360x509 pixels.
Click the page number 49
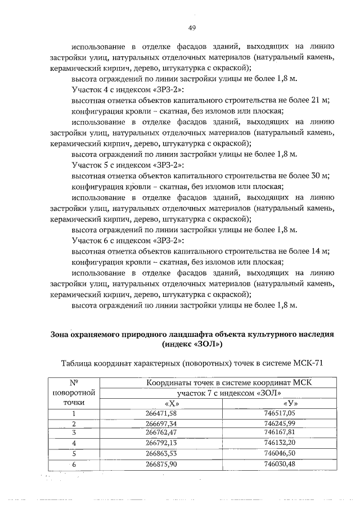(191, 28)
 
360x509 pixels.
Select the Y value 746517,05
(279, 413)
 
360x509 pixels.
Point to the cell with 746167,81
(279, 433)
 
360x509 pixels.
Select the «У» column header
(290, 403)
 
